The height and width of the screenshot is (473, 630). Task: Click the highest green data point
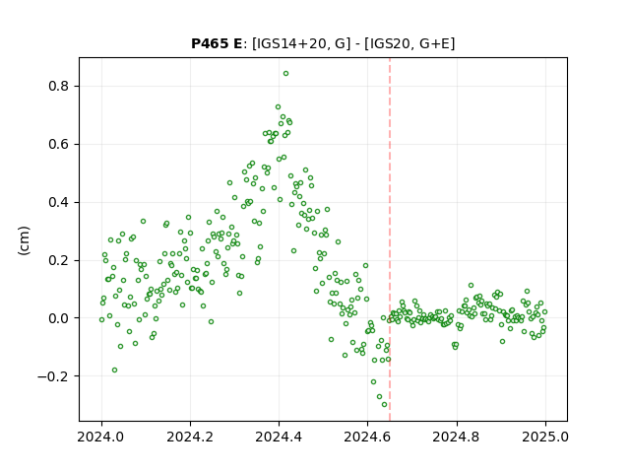[x=285, y=74]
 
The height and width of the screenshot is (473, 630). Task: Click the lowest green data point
[x=385, y=405]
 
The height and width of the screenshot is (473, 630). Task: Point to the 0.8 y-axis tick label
[x=58, y=87]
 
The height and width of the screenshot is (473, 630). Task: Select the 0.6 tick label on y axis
[x=58, y=145]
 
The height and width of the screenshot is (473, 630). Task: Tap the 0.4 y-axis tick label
[x=58, y=202]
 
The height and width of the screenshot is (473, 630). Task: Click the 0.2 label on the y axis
[x=58, y=260]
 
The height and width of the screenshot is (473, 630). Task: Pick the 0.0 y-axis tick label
[x=58, y=318]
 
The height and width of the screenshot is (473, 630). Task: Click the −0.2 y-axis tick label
[x=52, y=376]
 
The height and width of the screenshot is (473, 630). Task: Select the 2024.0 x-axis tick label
[x=101, y=437]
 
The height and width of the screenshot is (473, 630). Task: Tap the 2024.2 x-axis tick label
[x=190, y=437]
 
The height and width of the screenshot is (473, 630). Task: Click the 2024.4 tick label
[x=279, y=437]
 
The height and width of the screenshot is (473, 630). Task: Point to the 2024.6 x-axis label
[x=367, y=437]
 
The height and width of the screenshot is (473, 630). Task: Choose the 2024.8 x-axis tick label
[x=457, y=437]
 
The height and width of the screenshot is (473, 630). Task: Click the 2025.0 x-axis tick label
[x=545, y=437]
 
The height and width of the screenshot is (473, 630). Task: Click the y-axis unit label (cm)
[x=24, y=240]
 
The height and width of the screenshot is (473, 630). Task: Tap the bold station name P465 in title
[x=210, y=43]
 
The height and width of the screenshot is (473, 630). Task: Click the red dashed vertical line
[x=390, y=239]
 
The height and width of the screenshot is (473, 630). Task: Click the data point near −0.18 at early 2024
[x=114, y=371]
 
